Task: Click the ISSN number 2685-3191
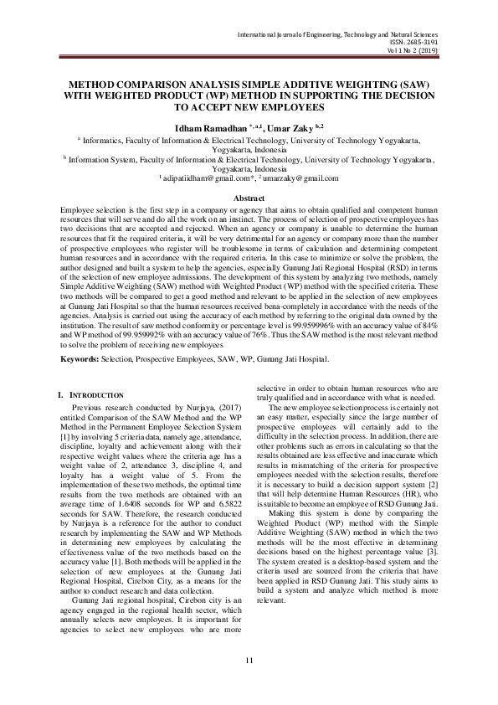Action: click(434, 43)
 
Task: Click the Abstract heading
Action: click(248, 198)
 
